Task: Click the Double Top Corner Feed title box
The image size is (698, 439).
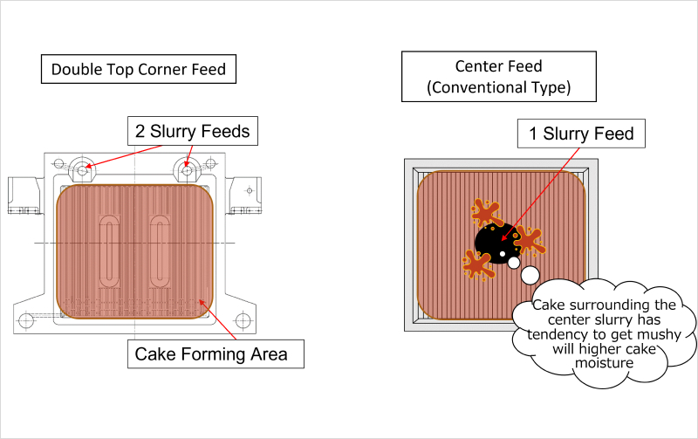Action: (x=139, y=69)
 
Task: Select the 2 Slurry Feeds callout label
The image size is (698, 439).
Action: (x=192, y=132)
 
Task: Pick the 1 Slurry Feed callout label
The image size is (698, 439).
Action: (x=581, y=134)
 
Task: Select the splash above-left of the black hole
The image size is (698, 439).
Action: (x=484, y=212)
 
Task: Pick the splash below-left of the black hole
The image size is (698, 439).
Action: (x=477, y=264)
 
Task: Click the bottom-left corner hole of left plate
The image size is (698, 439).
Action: (x=26, y=320)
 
